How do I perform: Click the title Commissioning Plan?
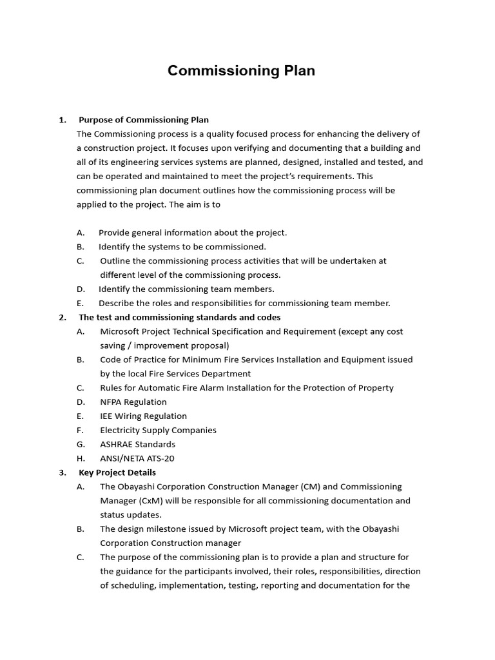pyautogui.click(x=241, y=71)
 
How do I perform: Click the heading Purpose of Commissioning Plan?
pyautogui.click(x=144, y=120)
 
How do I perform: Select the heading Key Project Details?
pyautogui.click(x=117, y=472)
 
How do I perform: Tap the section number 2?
pyautogui.click(x=62, y=317)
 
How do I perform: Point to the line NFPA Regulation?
pyautogui.click(x=133, y=402)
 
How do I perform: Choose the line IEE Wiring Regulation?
pyautogui.click(x=143, y=416)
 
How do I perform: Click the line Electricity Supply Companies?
pyautogui.click(x=158, y=431)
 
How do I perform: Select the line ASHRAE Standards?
pyautogui.click(x=137, y=444)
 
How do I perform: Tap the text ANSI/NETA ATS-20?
pyautogui.click(x=137, y=458)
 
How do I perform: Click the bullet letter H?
pyautogui.click(x=81, y=458)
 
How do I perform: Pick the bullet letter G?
pyautogui.click(x=81, y=444)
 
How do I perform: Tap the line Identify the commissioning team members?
pyautogui.click(x=186, y=289)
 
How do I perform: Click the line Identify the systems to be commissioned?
pyautogui.click(x=182, y=247)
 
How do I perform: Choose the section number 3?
pyautogui.click(x=62, y=472)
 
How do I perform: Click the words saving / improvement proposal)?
pyautogui.click(x=164, y=345)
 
